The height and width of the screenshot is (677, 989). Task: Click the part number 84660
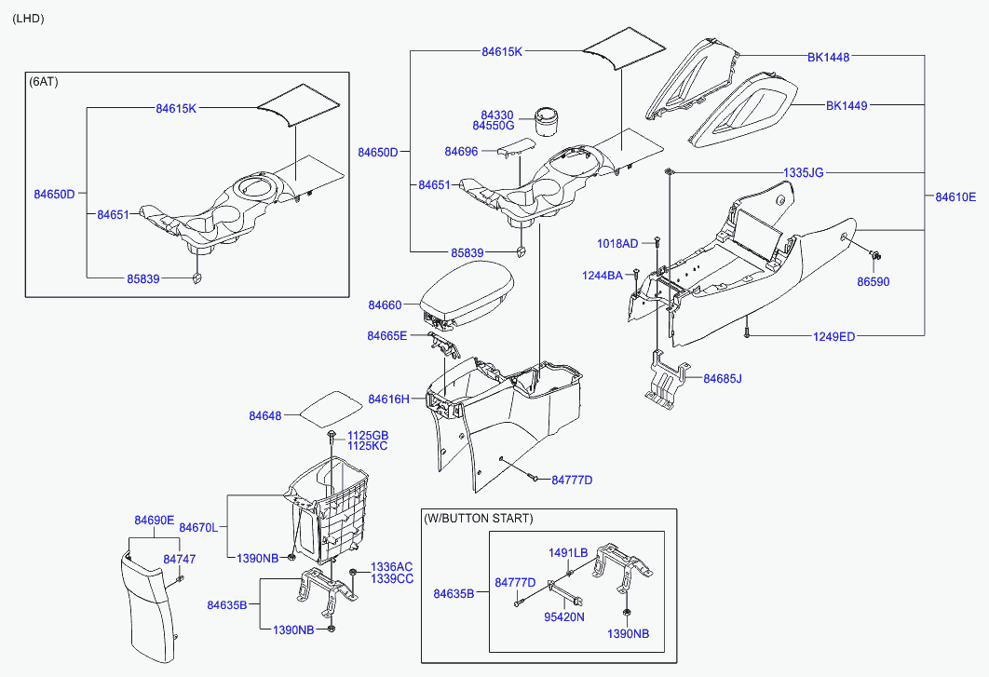point(385,305)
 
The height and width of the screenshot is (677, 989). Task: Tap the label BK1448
point(828,58)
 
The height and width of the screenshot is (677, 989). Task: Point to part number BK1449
point(847,106)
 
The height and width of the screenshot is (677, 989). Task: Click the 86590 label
point(873,282)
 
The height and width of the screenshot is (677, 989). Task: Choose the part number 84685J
point(723,379)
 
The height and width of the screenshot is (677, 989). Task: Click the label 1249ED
point(833,337)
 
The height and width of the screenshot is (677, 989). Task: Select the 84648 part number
point(264,415)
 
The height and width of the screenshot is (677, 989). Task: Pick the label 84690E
point(154,521)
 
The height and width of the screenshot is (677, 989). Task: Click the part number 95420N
point(564,617)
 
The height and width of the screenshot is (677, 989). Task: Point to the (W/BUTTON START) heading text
point(479,519)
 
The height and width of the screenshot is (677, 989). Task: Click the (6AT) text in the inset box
point(44,82)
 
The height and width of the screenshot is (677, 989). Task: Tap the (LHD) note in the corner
point(28,19)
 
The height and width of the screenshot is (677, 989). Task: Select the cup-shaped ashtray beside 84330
point(547,120)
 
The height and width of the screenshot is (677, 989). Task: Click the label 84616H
point(388,399)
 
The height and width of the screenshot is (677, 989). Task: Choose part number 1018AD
point(617,244)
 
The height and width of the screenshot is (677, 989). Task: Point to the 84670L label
point(198,528)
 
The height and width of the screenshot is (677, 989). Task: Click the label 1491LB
point(568,553)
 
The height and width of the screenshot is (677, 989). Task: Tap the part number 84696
point(461,152)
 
